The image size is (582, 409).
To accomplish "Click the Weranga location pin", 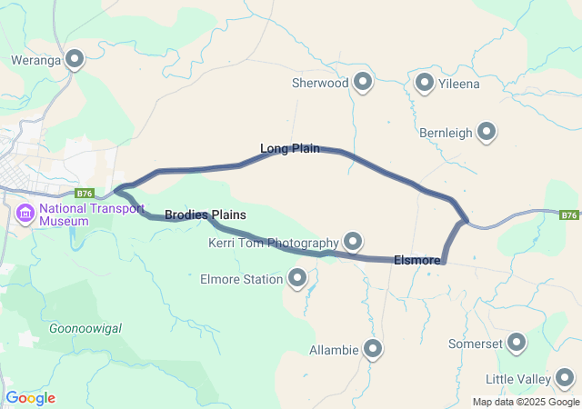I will pos(75,60).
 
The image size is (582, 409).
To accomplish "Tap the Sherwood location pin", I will pos(364,83).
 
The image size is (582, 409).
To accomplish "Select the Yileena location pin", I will pos(425,84).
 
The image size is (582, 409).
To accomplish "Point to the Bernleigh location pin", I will pos(487,133).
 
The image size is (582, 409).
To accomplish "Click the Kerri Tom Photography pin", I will pos(353,242).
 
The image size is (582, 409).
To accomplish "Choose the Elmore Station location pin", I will pos(297,279).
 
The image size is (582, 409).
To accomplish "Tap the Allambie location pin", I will pos(373,349).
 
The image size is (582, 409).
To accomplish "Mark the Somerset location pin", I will pos(517,344).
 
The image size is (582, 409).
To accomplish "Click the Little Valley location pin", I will pos(565,378).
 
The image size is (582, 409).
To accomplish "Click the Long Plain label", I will pos(289,148).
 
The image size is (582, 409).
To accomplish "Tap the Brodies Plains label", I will pos(206,214).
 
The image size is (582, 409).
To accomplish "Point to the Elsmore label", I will pos(417,260).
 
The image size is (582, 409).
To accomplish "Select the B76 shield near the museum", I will pos(85,193).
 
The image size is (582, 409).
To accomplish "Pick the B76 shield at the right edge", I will pos(569,215).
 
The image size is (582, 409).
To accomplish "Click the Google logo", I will pos(30,398).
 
